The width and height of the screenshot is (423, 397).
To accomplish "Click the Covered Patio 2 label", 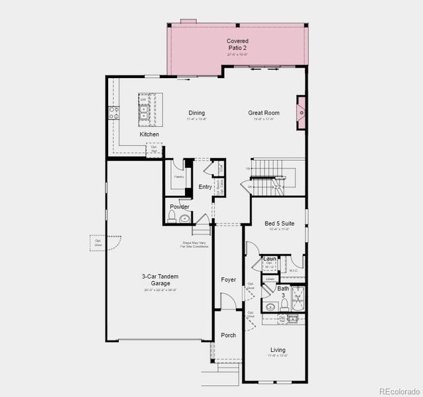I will pyautogui.click(x=237, y=44).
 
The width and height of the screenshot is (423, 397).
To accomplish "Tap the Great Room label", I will pyautogui.click(x=263, y=113).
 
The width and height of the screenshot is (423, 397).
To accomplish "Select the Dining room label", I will pyautogui.click(x=196, y=113).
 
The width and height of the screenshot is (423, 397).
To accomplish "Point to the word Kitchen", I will pyautogui.click(x=149, y=134).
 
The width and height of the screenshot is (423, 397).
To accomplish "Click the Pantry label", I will pyautogui.click(x=179, y=177).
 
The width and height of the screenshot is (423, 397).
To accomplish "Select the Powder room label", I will pyautogui.click(x=180, y=207).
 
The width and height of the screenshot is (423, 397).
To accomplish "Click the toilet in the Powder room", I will pyautogui.click(x=172, y=219).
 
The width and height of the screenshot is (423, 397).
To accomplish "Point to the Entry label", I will pyautogui.click(x=205, y=187).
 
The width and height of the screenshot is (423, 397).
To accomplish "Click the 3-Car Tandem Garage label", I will pyautogui.click(x=160, y=280).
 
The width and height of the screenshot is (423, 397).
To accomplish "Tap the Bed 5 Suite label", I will pyautogui.click(x=279, y=224).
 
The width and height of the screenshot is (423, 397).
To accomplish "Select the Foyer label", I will pyautogui.click(x=228, y=280).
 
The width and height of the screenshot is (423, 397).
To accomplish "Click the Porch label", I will pyautogui.click(x=228, y=335).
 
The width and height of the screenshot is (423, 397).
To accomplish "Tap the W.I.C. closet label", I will pyautogui.click(x=293, y=271).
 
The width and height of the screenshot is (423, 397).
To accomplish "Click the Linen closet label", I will pyautogui.click(x=269, y=279).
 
